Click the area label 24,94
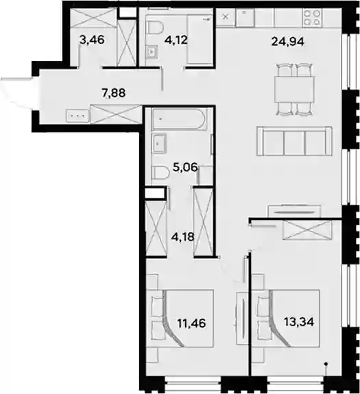point(287,42)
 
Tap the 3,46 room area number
point(92,40)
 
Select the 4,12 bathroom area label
point(176,40)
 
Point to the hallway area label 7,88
point(114,93)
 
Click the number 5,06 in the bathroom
point(186,167)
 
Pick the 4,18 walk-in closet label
point(183,236)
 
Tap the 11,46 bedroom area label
point(191,323)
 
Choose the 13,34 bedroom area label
point(299,321)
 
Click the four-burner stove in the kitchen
point(313,18)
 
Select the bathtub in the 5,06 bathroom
point(179,118)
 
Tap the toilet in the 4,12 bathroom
point(155,28)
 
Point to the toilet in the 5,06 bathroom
point(160,173)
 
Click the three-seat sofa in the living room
point(294,141)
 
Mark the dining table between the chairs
point(294,89)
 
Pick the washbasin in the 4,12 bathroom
point(152,52)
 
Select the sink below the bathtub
point(158,143)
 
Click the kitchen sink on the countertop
point(245,18)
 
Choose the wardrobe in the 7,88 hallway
point(115,114)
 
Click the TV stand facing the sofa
point(294,212)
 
